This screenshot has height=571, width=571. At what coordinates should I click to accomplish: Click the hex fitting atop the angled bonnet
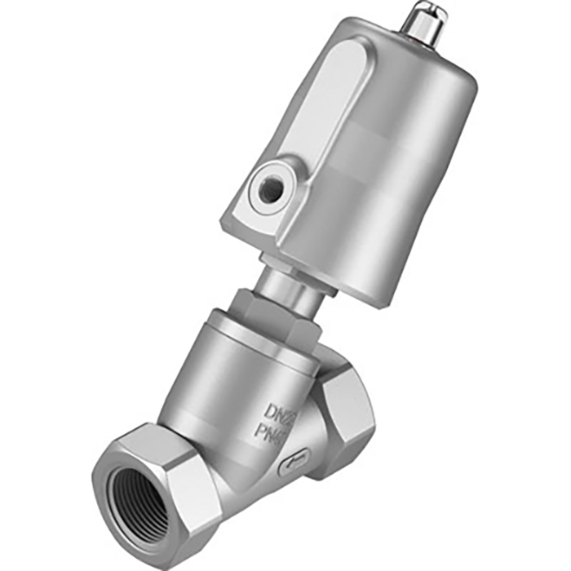269,323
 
